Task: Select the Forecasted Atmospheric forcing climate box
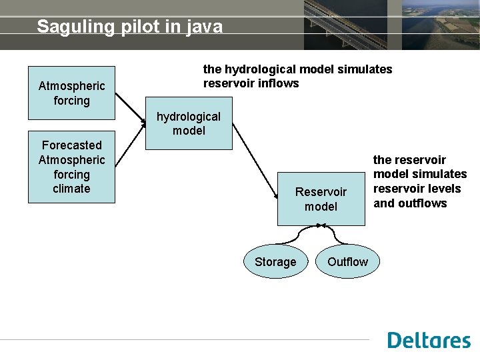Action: tap(71, 167)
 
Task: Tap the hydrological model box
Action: tap(189, 124)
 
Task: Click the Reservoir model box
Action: tap(321, 199)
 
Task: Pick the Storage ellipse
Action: tap(275, 262)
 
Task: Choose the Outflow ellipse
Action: tap(347, 262)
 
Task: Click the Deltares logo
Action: tap(429, 340)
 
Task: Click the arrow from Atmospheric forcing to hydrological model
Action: tap(130, 109)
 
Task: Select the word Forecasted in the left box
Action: tap(71, 145)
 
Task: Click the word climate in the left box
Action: tap(71, 189)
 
